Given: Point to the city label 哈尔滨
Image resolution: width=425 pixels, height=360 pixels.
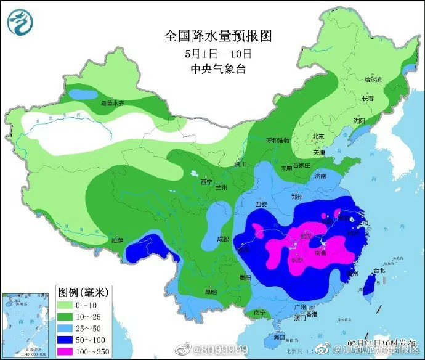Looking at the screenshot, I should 373,80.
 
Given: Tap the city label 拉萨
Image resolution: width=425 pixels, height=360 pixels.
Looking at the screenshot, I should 118,240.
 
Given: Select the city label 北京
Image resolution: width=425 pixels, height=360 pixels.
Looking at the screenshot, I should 318,137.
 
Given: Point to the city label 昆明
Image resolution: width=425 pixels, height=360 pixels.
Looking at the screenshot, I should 211,292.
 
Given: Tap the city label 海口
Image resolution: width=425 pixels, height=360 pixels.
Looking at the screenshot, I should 279,337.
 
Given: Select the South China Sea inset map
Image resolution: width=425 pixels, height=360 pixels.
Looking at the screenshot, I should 27,325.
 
